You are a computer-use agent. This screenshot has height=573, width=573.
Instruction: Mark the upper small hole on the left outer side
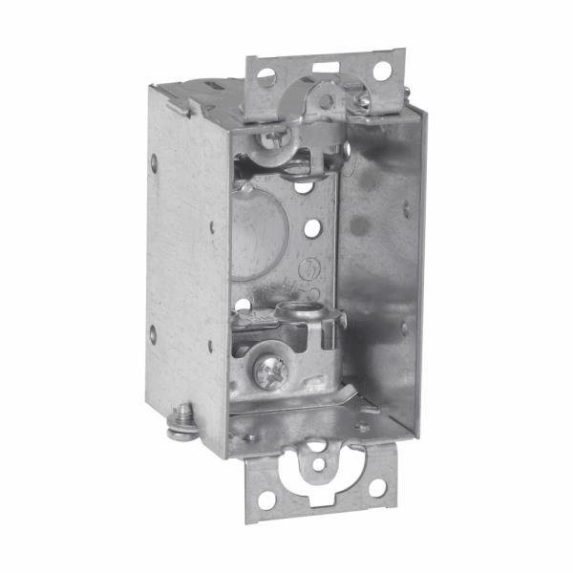pos(153,159)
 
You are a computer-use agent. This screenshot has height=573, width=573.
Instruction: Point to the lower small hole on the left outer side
pos(153,333)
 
